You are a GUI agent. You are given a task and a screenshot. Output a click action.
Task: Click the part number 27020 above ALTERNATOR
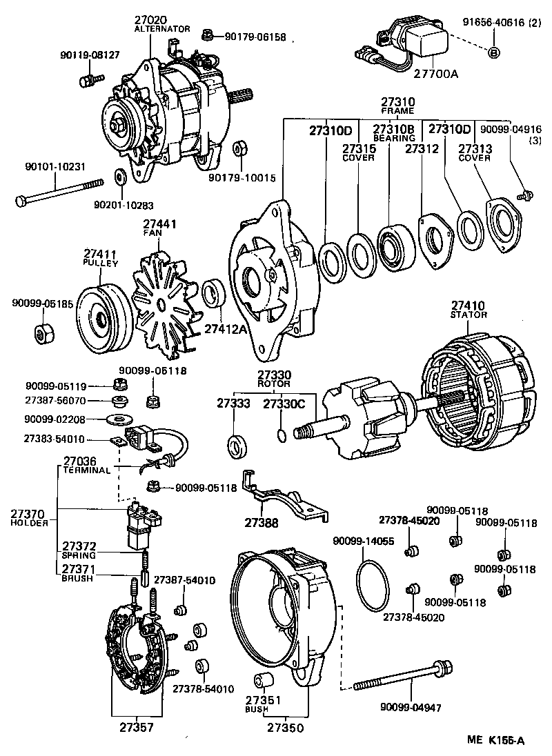tap(153, 21)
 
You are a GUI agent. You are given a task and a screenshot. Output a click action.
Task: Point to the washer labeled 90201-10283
tap(119, 178)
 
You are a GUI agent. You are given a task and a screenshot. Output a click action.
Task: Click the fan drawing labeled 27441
tap(161, 302)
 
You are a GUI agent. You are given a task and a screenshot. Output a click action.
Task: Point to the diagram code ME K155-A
tap(495, 741)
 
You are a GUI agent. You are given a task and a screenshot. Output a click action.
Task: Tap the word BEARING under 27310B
tap(394, 139)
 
